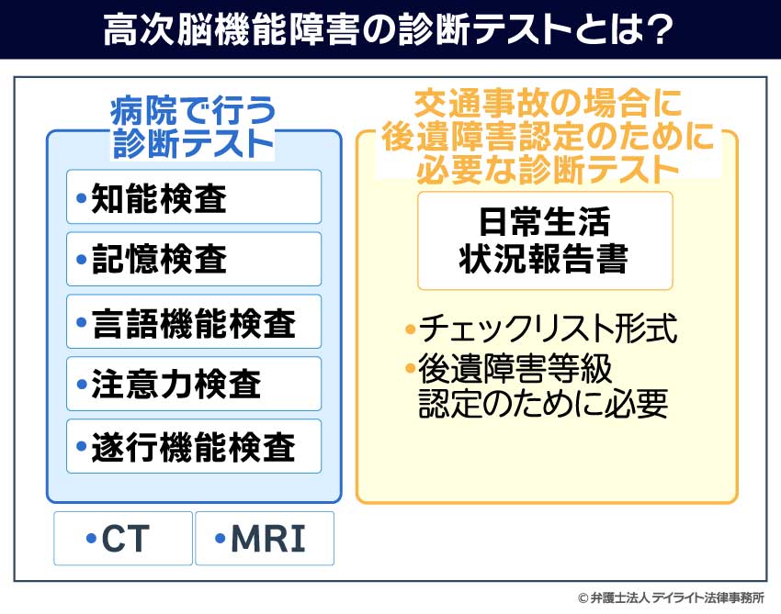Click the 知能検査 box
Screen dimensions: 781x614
194,197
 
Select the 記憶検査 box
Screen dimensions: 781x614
194,259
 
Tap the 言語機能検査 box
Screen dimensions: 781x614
194,321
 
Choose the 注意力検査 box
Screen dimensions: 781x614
194,384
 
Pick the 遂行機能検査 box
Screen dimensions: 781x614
194,446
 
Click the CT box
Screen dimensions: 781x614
123,539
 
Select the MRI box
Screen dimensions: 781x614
265,539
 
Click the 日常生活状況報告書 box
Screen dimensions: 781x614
545,240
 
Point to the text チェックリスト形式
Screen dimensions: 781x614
548,329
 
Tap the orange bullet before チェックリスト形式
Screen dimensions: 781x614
411,329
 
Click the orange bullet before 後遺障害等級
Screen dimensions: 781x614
411,369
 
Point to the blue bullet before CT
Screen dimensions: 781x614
91,538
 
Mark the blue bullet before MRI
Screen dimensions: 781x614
221,538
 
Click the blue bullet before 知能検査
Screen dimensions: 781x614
82,198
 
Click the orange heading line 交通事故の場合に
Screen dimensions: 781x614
548,104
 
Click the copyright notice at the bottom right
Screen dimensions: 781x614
671,597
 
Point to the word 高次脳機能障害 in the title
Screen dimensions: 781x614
231,30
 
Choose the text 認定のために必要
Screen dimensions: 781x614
543,403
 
